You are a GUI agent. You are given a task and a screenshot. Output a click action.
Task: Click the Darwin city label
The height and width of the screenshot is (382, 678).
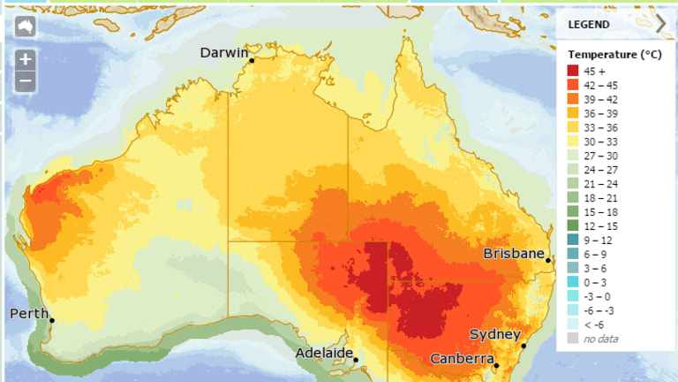[x=224, y=53]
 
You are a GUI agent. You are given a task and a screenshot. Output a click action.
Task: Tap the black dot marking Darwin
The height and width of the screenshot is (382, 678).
[x=252, y=60]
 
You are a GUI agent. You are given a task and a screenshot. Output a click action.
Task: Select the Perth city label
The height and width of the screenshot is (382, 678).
[x=29, y=314]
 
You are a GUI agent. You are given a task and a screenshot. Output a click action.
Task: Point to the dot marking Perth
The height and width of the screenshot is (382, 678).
[x=52, y=320]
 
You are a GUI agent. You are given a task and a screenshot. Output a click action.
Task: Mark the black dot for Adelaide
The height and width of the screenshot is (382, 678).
[x=356, y=359]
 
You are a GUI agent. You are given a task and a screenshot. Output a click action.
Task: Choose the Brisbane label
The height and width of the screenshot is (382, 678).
[x=513, y=254]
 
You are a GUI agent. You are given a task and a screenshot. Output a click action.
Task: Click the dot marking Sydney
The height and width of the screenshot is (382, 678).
[x=524, y=346]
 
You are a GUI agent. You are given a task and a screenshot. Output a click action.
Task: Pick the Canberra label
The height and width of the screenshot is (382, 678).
[x=461, y=359]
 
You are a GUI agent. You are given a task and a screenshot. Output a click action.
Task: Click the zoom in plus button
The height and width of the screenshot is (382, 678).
[x=26, y=60]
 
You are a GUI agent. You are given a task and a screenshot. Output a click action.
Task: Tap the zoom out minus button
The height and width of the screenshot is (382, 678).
[x=26, y=81]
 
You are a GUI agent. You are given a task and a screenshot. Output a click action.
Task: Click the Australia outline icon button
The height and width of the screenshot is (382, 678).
[x=26, y=26]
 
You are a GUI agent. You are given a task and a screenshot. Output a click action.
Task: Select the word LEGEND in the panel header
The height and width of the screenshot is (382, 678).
[x=589, y=24]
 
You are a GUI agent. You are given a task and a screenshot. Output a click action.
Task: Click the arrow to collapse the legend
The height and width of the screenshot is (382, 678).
[x=661, y=23]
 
